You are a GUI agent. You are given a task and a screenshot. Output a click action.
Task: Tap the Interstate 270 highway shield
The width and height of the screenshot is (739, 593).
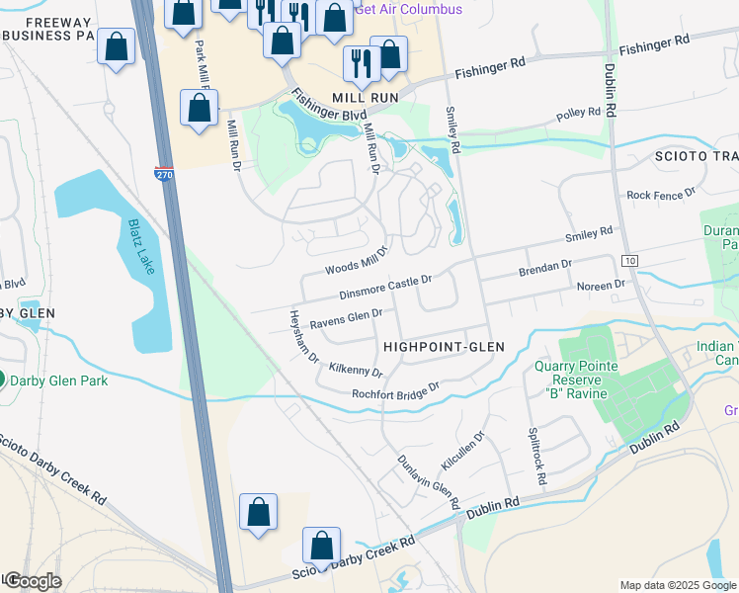164,174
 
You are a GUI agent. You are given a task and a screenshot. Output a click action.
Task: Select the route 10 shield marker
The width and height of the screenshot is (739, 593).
628,259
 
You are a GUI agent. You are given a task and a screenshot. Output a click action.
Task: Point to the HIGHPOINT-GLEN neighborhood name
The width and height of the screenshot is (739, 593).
444,347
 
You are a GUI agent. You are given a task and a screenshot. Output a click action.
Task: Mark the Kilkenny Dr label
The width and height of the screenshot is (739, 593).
356,370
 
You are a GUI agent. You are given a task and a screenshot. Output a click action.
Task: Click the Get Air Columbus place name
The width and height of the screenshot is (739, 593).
408,10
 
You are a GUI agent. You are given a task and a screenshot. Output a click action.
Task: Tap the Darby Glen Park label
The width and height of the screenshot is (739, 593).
49,379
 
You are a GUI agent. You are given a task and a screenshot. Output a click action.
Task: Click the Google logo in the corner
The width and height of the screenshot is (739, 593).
33,581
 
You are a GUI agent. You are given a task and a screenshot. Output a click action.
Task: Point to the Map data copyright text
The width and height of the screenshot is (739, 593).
678,585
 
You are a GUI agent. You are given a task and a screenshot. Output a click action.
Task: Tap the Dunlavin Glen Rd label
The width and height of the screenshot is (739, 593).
428,482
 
